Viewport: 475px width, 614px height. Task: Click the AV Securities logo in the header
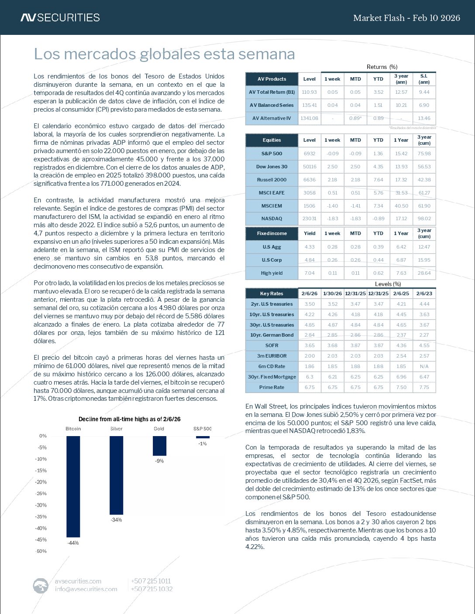[x=60, y=18]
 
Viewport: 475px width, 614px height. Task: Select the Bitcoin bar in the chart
[x=73, y=486]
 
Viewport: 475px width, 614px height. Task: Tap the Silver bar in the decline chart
[x=116, y=475]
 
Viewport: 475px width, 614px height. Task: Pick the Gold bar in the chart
[x=159, y=446]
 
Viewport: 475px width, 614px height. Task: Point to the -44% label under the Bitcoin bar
[x=73, y=543]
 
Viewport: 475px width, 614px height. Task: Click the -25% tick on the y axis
[x=41, y=494]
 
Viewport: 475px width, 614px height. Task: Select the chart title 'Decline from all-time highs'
[x=129, y=419]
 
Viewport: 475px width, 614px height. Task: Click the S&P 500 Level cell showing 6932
[x=309, y=153]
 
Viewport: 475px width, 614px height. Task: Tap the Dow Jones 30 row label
[x=272, y=167]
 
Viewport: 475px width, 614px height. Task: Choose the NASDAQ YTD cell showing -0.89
[x=378, y=218]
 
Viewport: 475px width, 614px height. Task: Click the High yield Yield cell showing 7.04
[x=309, y=273]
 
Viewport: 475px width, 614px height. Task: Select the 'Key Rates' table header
[x=272, y=293]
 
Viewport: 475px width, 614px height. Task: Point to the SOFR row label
[x=272, y=345]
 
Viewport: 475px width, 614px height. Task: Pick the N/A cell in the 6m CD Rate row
[x=424, y=366]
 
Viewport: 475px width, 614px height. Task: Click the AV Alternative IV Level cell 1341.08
[x=309, y=118]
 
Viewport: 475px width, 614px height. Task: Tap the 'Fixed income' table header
[x=272, y=233]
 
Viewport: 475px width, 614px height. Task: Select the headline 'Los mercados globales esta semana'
[x=164, y=54]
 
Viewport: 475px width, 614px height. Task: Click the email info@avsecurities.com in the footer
[x=86, y=589]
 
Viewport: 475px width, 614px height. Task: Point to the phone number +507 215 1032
[x=151, y=589]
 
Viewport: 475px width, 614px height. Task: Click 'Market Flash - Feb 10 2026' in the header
[x=406, y=18]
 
